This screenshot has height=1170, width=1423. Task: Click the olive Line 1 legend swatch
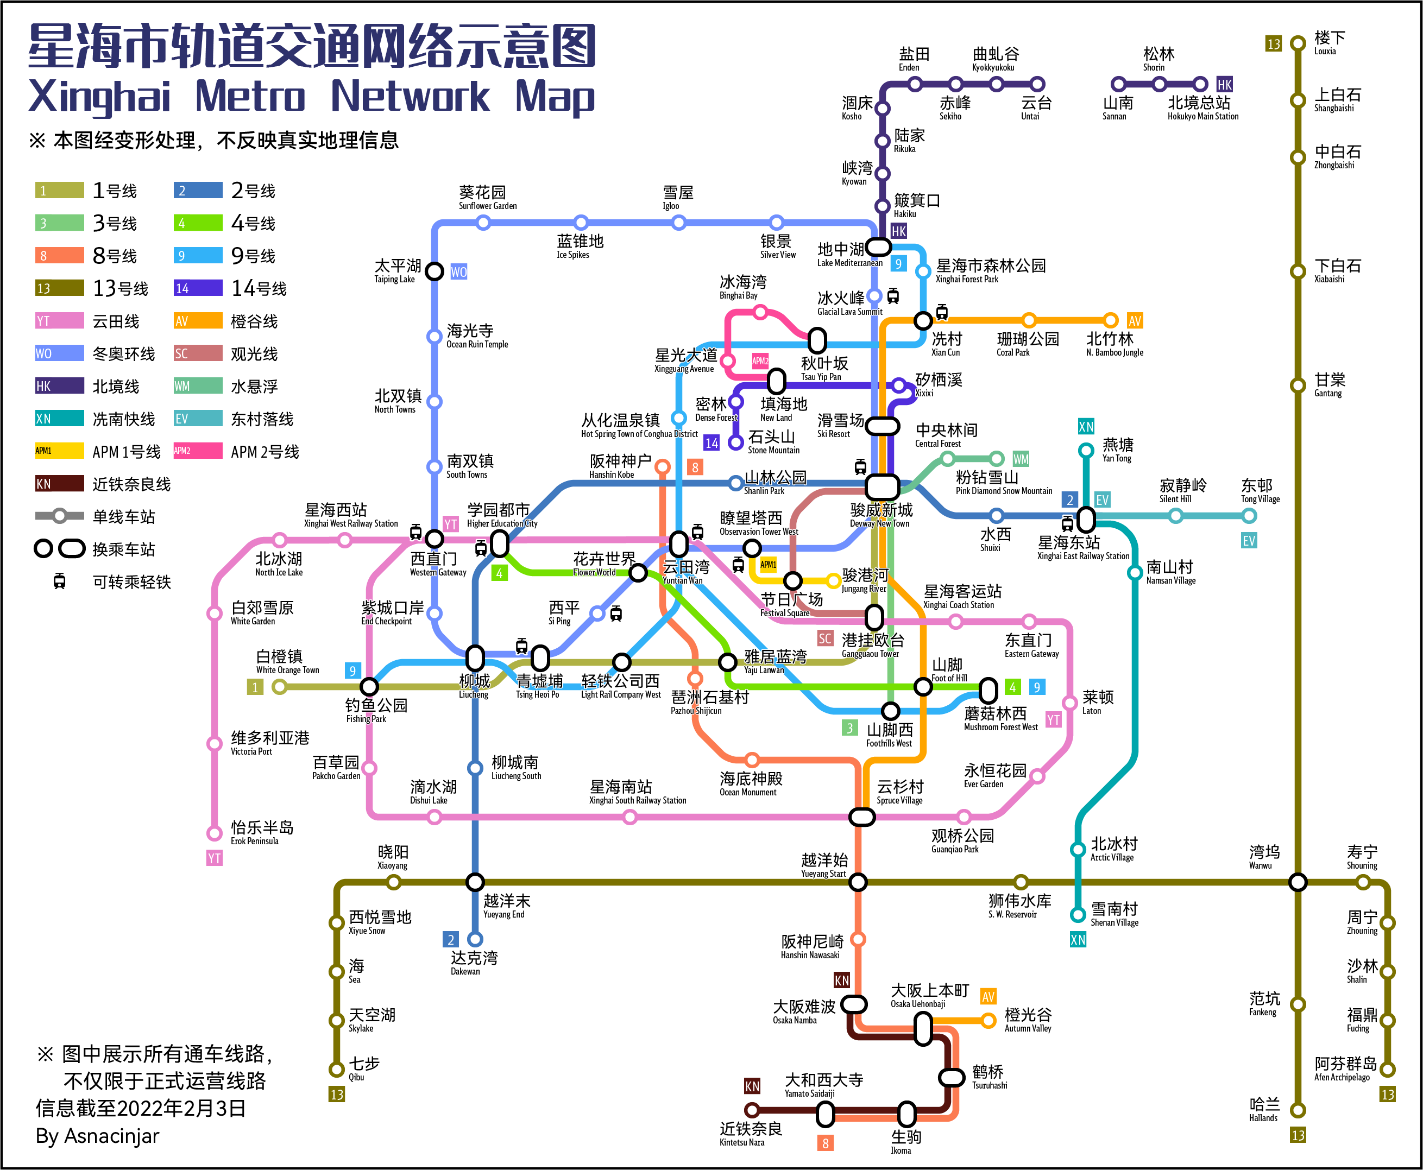[59, 191]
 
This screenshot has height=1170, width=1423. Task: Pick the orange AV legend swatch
[198, 321]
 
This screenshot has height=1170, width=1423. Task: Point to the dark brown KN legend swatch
[59, 484]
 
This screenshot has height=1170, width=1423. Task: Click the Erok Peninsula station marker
[215, 833]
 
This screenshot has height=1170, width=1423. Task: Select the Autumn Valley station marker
[988, 1020]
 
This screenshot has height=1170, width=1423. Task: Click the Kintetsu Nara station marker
[752, 1110]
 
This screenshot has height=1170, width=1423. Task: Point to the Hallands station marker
[1298, 1110]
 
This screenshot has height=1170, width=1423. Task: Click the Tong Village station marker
[1249, 516]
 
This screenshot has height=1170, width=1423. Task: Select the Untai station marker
[1037, 84]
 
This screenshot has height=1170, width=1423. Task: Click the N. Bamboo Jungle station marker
[1111, 321]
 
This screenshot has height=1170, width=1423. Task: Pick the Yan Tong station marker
[1086, 450]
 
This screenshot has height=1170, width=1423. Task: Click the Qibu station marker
[336, 1069]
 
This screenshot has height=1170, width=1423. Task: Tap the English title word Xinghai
[100, 97]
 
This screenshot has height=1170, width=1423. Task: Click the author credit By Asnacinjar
[97, 1136]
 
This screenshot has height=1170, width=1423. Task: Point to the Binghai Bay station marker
[760, 312]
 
